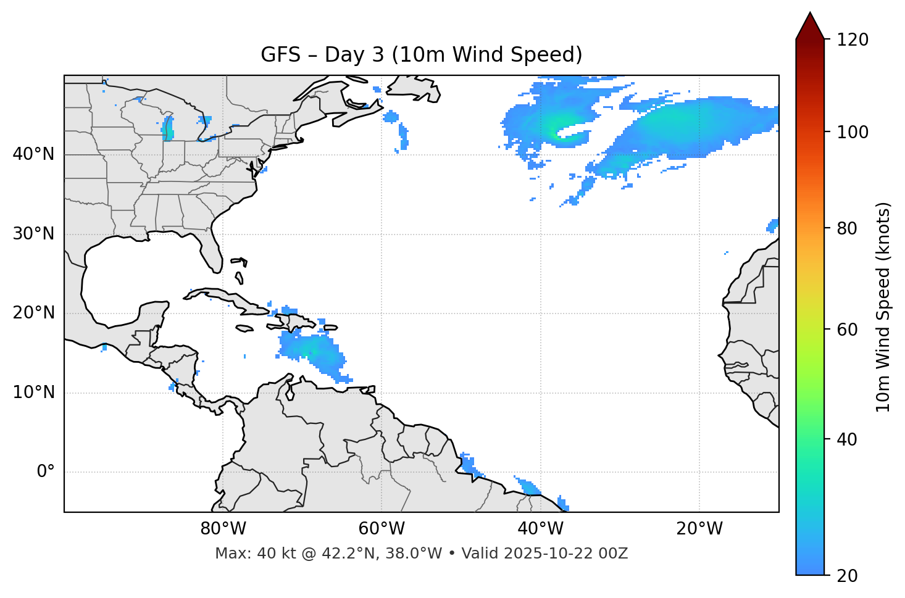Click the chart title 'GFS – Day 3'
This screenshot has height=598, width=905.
tap(421, 55)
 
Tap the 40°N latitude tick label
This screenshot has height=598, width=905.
tap(33, 154)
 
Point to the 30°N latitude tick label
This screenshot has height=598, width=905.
tap(33, 234)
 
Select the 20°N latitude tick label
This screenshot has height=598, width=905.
tap(33, 313)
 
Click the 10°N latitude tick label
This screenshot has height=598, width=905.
tap(33, 392)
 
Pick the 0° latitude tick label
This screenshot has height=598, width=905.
tap(45, 472)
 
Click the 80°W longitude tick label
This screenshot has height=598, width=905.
tap(223, 529)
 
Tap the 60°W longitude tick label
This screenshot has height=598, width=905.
tap(382, 529)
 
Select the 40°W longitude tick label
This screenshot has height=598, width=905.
tap(540, 529)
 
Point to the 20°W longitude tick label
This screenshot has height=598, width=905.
tap(699, 529)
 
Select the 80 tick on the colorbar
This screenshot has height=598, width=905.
tap(848, 228)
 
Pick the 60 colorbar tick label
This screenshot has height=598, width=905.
tap(848, 330)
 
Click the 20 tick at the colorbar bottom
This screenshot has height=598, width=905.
tap(848, 576)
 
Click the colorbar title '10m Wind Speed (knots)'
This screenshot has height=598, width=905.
tap(883, 307)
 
